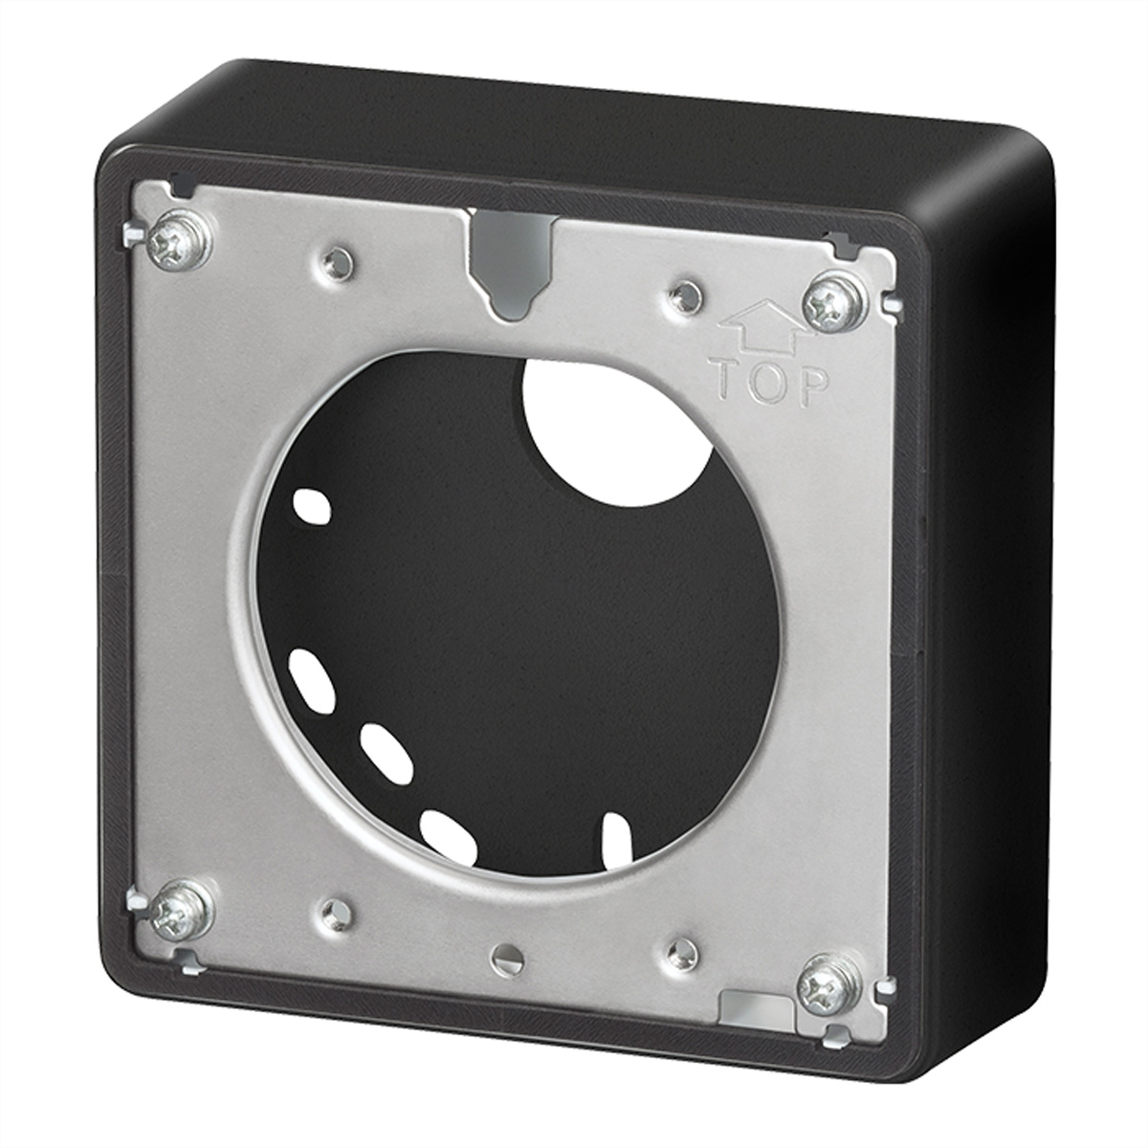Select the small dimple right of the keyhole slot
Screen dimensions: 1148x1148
pos(682,293)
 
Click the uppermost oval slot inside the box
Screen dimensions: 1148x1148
pos(311,507)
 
